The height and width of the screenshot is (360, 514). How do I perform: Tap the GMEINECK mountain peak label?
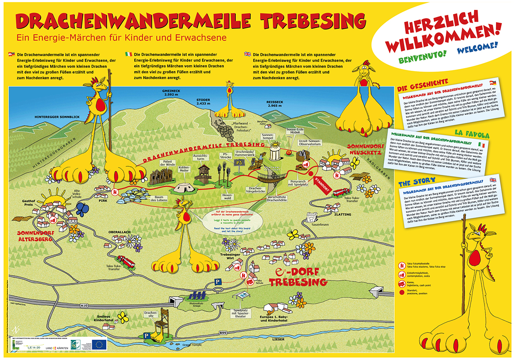point(166,93)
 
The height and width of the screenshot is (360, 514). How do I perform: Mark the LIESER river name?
point(279,339)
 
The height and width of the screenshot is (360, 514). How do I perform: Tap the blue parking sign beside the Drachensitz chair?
point(147,336)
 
